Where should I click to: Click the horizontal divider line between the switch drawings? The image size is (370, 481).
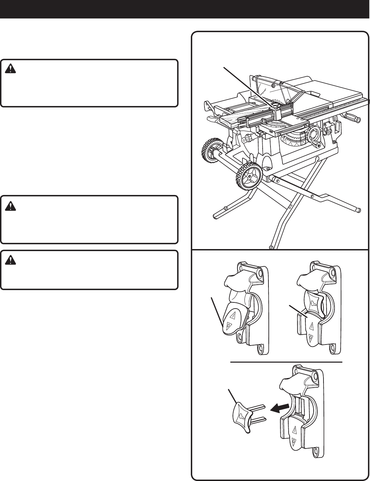tap(286, 361)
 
